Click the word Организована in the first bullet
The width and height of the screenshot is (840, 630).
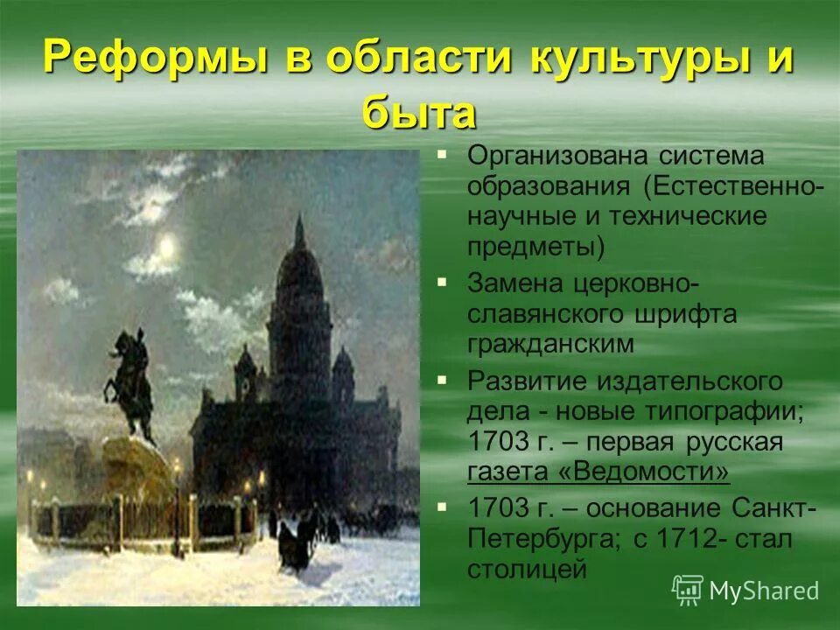point(557,157)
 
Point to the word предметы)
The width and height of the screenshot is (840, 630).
point(535,248)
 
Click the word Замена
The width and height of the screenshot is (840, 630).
point(514,283)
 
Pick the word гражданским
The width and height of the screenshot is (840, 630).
point(550,345)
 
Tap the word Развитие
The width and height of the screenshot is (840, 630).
point(526,381)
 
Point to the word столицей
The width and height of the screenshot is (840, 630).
point(527,570)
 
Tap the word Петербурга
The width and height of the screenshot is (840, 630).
point(543,539)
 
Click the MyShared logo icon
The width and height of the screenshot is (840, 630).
point(688,591)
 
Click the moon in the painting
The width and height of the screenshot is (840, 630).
point(166,248)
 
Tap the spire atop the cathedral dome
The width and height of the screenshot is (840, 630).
point(299,231)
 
